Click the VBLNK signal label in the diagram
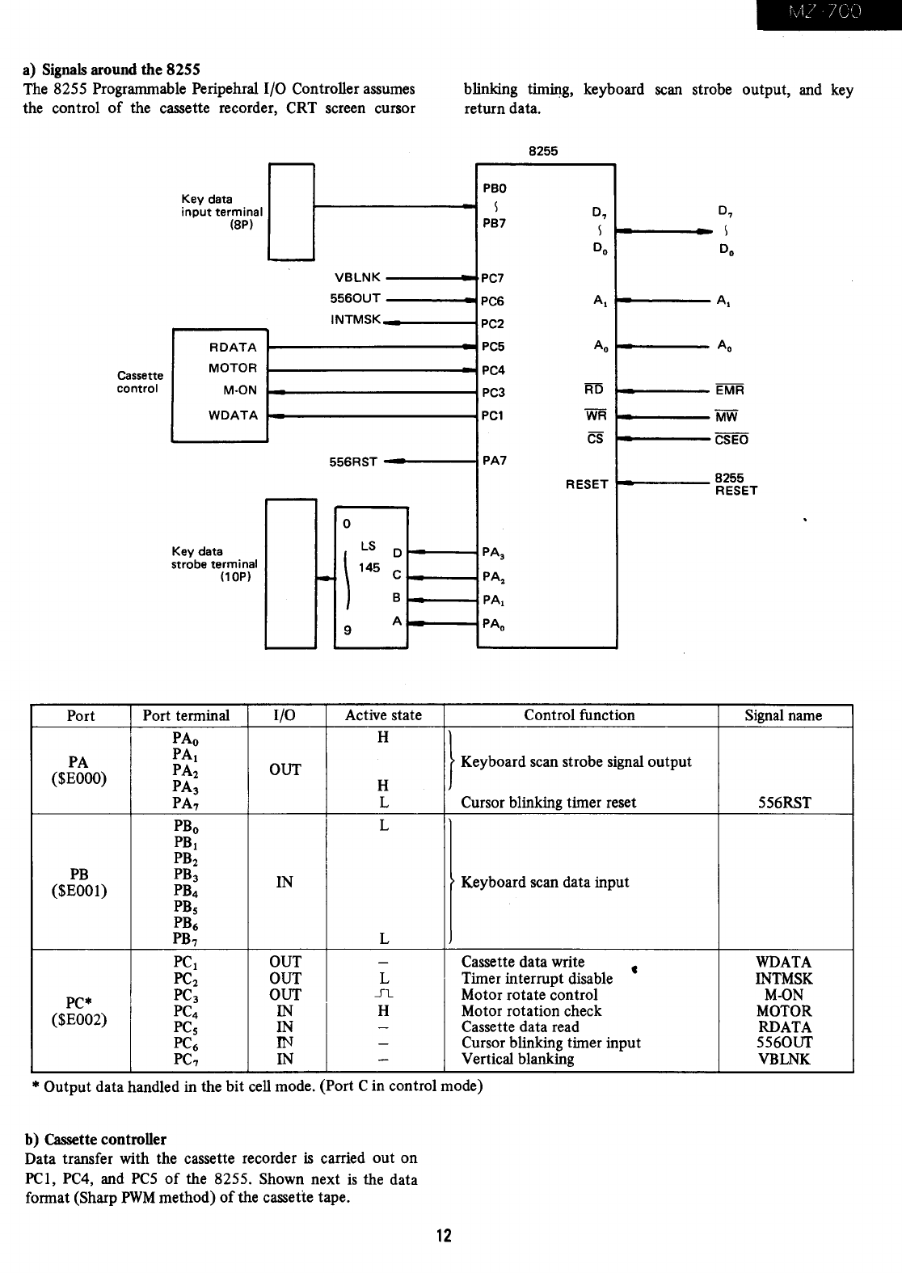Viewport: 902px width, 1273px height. tap(357, 277)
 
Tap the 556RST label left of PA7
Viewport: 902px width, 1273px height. tap(353, 462)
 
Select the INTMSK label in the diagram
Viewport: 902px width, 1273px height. tap(356, 320)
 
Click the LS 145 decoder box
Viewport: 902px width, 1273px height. tap(370, 577)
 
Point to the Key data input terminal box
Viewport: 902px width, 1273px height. tap(291, 212)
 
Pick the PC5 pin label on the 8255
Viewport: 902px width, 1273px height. tap(493, 347)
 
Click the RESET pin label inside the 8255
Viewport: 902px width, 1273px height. tap(587, 485)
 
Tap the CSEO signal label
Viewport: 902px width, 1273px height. tap(731, 440)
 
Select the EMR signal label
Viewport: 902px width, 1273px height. tap(729, 390)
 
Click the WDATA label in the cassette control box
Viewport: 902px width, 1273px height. tap(233, 415)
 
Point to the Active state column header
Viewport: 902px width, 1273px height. tap(384, 715)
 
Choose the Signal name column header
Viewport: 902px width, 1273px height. tap(783, 715)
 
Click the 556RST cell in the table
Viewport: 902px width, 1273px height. tap(784, 803)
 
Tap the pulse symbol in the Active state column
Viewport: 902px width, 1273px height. tap(384, 994)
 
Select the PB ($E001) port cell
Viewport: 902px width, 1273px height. tap(79, 882)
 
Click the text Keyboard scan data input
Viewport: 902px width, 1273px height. tap(545, 882)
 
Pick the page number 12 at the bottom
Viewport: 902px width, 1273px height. tap(444, 1236)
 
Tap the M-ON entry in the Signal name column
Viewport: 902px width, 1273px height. tap(784, 994)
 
